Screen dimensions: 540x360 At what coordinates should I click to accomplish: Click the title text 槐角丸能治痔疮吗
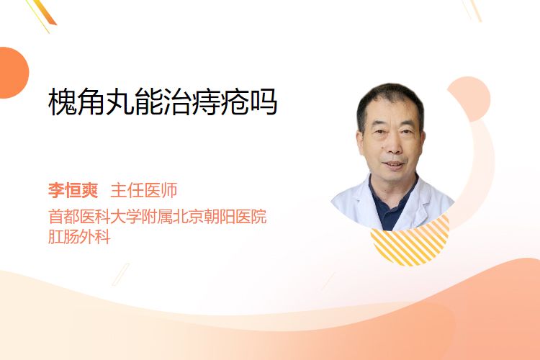pyautogui.click(x=163, y=102)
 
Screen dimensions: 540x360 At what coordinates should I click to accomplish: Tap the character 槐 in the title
pyautogui.click(x=63, y=102)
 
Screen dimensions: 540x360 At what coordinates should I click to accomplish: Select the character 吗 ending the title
pyautogui.click(x=264, y=102)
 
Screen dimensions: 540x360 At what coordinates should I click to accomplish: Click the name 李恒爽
pyautogui.click(x=73, y=190)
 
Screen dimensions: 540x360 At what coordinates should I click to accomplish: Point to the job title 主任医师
pyautogui.click(x=143, y=190)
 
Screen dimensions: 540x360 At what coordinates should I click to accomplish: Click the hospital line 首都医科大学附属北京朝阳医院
pyautogui.click(x=158, y=217)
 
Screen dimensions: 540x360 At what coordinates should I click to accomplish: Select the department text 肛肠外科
pyautogui.click(x=79, y=237)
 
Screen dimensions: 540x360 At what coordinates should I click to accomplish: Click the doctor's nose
pyautogui.click(x=394, y=146)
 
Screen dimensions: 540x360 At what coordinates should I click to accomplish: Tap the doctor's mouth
pyautogui.click(x=393, y=165)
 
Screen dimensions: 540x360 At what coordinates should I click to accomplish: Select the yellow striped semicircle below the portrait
pyautogui.click(x=410, y=243)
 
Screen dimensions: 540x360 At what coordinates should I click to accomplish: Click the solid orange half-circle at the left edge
pyautogui.click(x=13, y=73)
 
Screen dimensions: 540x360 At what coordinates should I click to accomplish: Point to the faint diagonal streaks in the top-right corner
pyautogui.click(x=472, y=10)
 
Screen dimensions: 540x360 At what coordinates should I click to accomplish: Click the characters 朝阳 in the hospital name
pyautogui.click(x=220, y=217)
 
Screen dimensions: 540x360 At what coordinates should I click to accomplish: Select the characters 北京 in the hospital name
pyautogui.click(x=189, y=217)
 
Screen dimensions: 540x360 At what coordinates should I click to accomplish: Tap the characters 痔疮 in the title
pyautogui.click(x=220, y=102)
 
